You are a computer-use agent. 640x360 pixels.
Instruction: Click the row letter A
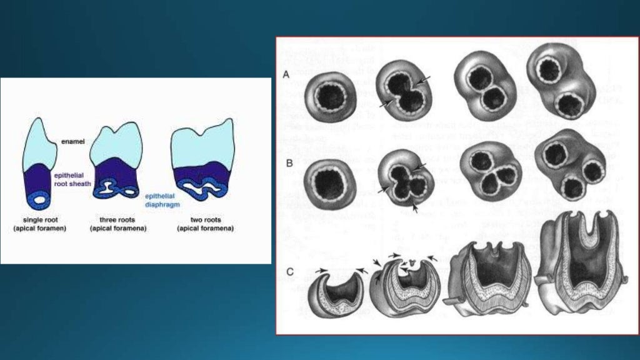click(286, 74)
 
